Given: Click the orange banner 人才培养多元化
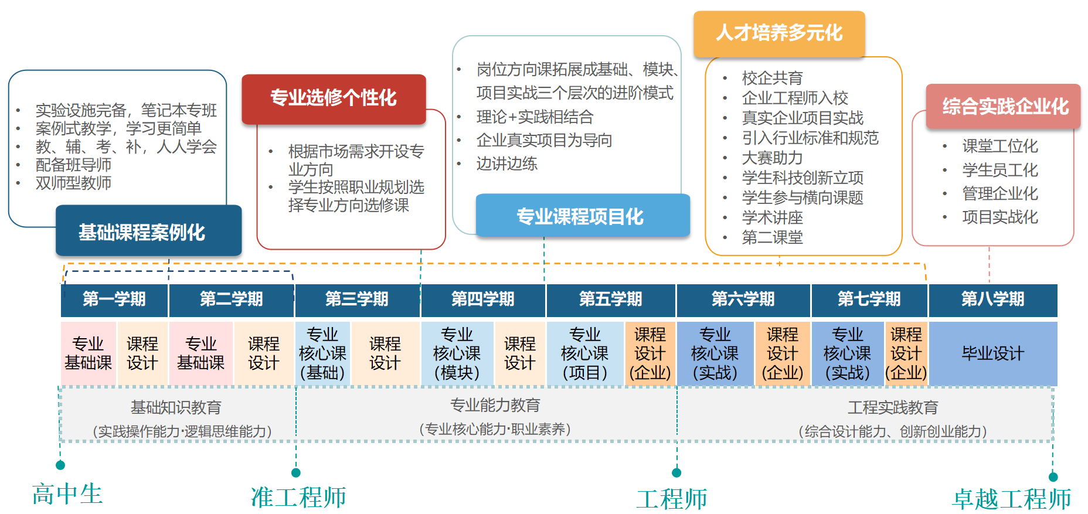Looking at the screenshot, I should [x=779, y=33].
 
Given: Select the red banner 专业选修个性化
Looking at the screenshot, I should [x=334, y=98].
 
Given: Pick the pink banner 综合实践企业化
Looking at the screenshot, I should [x=1003, y=107].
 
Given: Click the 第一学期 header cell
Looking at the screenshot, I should [x=114, y=299].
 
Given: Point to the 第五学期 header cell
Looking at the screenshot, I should [x=610, y=299].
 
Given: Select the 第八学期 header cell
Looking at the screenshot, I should [x=992, y=299].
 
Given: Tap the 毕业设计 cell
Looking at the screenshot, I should [x=992, y=353].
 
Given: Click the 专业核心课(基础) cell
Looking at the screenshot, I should [x=322, y=353].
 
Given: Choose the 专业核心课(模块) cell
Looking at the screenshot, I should [x=457, y=353].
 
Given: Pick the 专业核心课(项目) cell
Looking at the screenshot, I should [x=584, y=353].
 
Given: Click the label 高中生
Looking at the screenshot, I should [x=67, y=494].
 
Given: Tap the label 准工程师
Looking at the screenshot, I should [x=298, y=497].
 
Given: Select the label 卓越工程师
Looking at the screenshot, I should [x=1011, y=499].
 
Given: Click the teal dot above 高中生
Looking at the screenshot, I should [x=60, y=465].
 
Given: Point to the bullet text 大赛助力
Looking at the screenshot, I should [x=772, y=158].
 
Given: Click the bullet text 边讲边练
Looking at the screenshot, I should [x=507, y=164].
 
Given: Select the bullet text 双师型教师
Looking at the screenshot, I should [x=73, y=183].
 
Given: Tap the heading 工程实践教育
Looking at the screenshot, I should [x=892, y=407].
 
